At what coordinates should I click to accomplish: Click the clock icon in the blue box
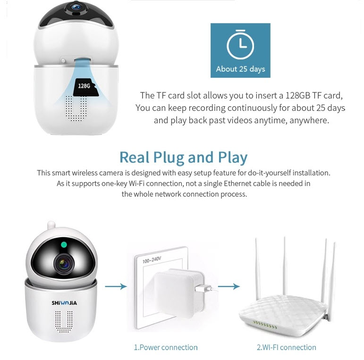[240, 46]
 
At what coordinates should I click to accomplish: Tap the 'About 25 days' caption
[240, 69]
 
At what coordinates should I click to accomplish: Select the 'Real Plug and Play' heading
[183, 157]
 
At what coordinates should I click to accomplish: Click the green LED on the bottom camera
[63, 245]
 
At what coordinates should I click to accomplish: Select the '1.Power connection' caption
[166, 347]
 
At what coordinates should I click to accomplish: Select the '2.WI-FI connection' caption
[286, 347]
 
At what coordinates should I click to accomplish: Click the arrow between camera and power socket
[116, 286]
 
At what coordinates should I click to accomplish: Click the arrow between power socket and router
[229, 286]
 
